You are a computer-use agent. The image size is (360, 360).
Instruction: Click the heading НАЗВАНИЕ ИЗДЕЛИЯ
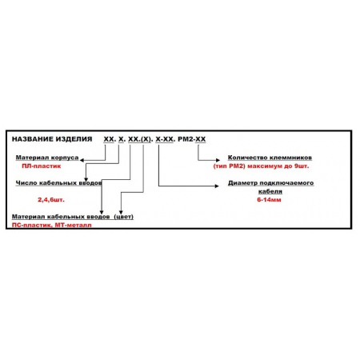tap(52, 139)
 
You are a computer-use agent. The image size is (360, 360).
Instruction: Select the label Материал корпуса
tap(47, 158)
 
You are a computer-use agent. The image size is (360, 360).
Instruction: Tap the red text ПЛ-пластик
tap(42, 166)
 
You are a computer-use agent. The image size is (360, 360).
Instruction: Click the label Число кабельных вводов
tap(58, 183)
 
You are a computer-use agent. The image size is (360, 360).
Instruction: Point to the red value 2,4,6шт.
tap(51, 200)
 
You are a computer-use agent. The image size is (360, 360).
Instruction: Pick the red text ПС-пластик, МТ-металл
tap(52, 225)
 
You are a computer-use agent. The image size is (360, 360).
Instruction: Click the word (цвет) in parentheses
tap(124, 217)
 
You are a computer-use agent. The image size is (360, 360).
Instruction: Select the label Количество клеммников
tap(270, 158)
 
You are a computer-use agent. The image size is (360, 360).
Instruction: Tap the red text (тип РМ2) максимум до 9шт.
tap(262, 166)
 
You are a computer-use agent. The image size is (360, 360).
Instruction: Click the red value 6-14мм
tap(270, 200)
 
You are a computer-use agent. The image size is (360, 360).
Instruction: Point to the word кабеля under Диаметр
tap(270, 191)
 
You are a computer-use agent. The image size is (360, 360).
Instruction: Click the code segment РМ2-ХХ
tap(192, 139)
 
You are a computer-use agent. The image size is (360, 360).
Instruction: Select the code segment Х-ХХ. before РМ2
tap(166, 139)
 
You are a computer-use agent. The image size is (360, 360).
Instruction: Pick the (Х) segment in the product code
tap(146, 139)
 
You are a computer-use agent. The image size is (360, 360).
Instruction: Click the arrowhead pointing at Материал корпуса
tap(82, 160)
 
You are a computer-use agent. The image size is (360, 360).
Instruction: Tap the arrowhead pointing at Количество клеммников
tap(218, 160)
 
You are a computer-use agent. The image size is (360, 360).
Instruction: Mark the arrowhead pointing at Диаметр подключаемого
tap(217, 186)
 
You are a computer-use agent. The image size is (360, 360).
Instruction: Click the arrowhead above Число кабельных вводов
tap(86, 179)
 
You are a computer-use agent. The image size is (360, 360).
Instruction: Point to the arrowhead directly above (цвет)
tap(121, 212)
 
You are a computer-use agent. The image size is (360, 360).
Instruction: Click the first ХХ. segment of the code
tap(110, 139)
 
